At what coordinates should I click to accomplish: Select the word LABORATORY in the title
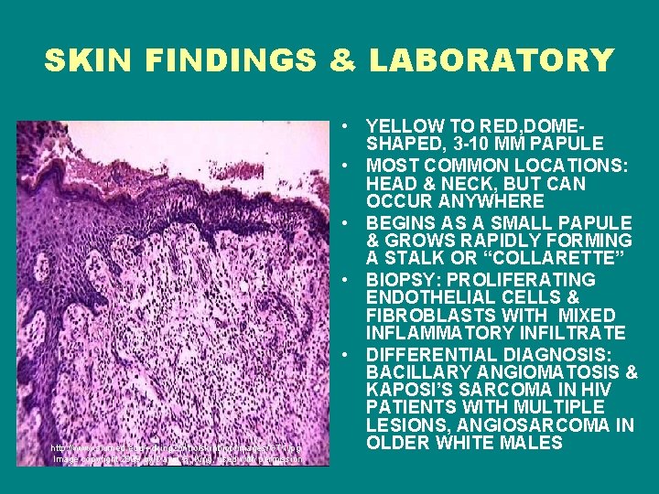[491, 60]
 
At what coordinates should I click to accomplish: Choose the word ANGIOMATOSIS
[541, 372]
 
